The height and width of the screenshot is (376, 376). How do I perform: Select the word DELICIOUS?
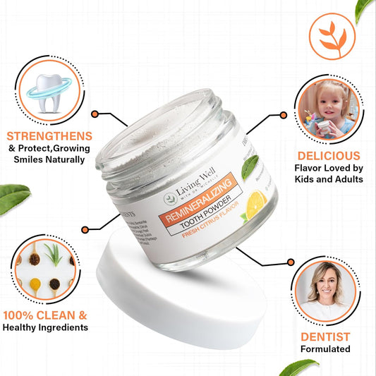coord(329,155)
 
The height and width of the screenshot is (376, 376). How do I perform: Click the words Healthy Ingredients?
coord(45,327)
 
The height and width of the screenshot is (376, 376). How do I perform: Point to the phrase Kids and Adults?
coord(329,179)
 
